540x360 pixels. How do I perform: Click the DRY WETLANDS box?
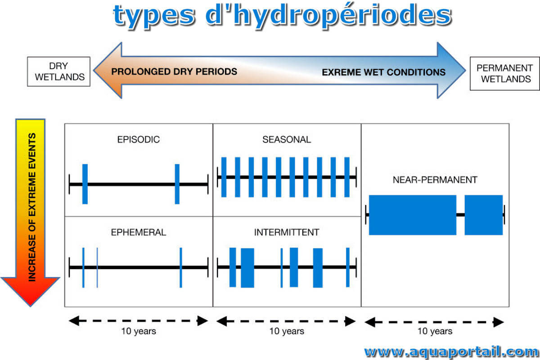(59, 72)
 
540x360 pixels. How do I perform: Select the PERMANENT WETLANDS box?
(504, 73)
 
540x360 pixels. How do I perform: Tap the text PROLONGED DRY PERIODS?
(174, 72)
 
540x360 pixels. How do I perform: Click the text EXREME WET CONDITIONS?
(383, 72)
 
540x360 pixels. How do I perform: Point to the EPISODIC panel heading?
(139, 139)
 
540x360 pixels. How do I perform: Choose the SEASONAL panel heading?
(287, 139)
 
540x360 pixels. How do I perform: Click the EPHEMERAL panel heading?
(139, 232)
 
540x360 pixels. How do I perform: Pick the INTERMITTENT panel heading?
(287, 232)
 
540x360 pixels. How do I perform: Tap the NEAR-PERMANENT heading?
(435, 180)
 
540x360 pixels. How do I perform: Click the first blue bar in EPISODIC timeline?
(85, 184)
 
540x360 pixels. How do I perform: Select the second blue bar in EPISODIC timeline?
(177, 184)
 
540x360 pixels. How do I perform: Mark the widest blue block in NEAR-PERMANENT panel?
(413, 215)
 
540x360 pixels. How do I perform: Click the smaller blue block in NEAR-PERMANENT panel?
(484, 215)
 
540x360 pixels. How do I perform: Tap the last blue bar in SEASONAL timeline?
(347, 177)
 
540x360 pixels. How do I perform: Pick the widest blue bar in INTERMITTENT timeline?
(247, 268)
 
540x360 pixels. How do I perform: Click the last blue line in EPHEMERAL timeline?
(181, 268)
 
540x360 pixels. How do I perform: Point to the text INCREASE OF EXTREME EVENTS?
(32, 207)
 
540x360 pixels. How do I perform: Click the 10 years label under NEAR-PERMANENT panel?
(435, 331)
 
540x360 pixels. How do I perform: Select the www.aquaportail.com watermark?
(451, 352)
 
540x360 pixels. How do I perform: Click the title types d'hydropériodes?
(282, 16)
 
